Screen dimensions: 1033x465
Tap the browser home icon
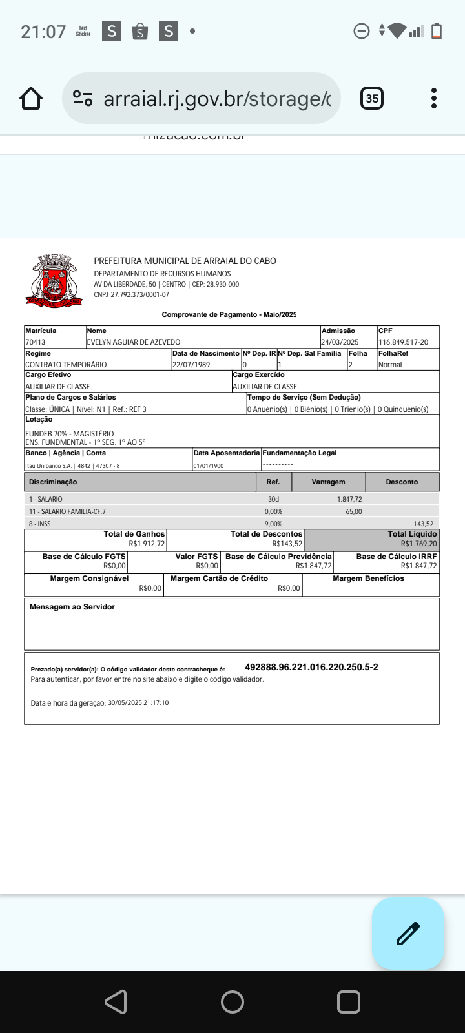click(31, 98)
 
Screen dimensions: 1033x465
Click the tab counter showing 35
click(372, 98)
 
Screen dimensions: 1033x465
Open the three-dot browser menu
click(434, 98)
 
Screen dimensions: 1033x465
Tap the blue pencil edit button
click(408, 934)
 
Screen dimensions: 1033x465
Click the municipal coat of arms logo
click(54, 280)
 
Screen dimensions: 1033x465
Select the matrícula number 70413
click(36, 342)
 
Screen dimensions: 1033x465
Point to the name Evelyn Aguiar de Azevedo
click(134, 342)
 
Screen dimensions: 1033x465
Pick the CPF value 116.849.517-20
click(403, 342)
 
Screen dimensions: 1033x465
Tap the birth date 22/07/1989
click(191, 365)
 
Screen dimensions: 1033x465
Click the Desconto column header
click(402, 482)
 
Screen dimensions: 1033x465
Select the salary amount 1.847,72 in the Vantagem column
click(349, 500)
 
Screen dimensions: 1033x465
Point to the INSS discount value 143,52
click(424, 524)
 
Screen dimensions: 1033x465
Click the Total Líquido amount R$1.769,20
click(418, 544)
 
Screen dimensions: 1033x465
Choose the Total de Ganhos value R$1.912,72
click(147, 544)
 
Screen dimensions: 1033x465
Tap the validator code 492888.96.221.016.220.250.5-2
click(311, 667)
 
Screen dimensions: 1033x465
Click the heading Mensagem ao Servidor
click(72, 607)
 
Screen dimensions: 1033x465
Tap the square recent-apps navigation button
click(349, 1002)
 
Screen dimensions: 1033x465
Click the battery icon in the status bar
click(437, 31)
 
